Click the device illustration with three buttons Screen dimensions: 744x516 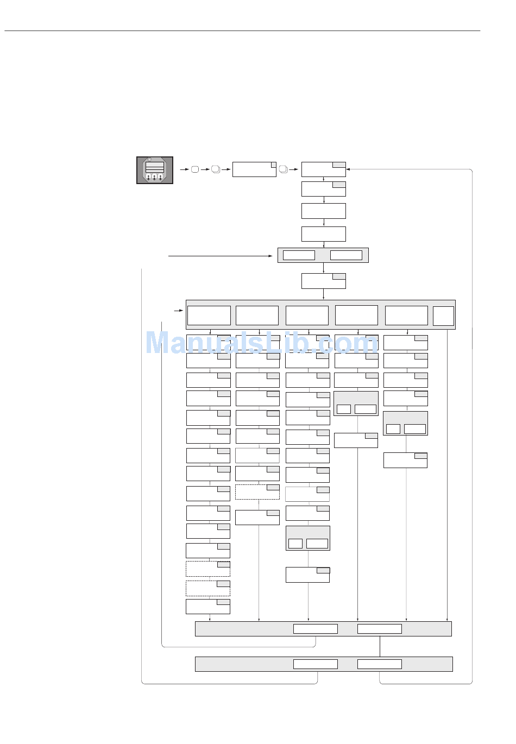pyautogui.click(x=155, y=170)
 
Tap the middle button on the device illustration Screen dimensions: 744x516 pyautogui.click(x=155, y=177)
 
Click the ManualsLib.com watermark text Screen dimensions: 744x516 pyautogui.click(x=261, y=343)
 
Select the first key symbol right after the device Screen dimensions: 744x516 pyautogui.click(x=195, y=169)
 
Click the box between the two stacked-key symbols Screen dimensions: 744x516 pyautogui.click(x=254, y=169)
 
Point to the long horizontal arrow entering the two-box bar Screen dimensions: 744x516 pyautogui.click(x=220, y=255)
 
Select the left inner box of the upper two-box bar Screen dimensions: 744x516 pyautogui.click(x=299, y=255)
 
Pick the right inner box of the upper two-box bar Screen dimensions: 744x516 pyautogui.click(x=346, y=255)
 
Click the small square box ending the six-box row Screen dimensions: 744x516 pyautogui.click(x=443, y=316)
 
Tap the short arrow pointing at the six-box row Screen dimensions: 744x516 pyautogui.click(x=178, y=311)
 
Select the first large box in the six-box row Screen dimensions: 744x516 pyautogui.click(x=209, y=316)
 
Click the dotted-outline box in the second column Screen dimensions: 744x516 pyautogui.click(x=257, y=492)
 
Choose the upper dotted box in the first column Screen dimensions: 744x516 pyautogui.click(x=208, y=569)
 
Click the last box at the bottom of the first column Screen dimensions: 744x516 pyautogui.click(x=208, y=607)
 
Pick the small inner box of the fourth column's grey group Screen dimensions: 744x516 pyautogui.click(x=343, y=409)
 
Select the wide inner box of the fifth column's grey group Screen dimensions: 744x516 pyautogui.click(x=415, y=429)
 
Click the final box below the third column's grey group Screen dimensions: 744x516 pyautogui.click(x=307, y=575)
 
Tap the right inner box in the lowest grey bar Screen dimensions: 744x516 pyautogui.click(x=379, y=664)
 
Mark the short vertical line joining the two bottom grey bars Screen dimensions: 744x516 pyautogui.click(x=380, y=646)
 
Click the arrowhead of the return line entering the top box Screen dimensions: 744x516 pyautogui.click(x=348, y=169)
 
